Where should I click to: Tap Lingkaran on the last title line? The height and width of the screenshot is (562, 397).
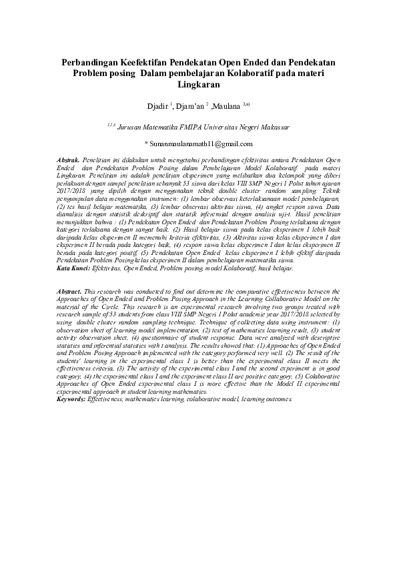click(x=198, y=85)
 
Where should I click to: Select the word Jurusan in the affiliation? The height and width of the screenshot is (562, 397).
click(x=131, y=124)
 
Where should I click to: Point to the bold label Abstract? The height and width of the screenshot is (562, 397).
click(x=69, y=292)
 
